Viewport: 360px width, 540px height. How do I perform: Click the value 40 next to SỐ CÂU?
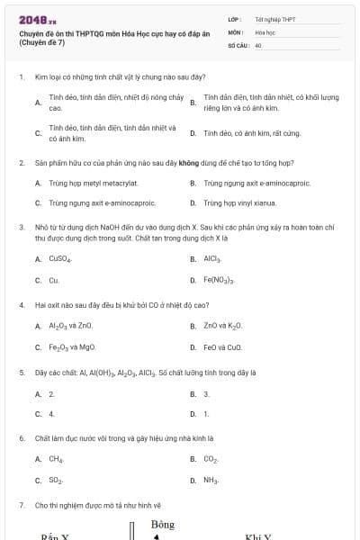pyautogui.click(x=258, y=44)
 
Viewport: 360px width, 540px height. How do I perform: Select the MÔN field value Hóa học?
pyautogui.click(x=264, y=31)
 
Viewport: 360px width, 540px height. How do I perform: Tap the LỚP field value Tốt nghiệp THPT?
pyautogui.click(x=274, y=19)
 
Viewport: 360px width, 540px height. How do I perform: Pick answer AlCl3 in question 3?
pyautogui.click(x=212, y=258)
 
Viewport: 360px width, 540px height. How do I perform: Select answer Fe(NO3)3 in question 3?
pyautogui.click(x=219, y=281)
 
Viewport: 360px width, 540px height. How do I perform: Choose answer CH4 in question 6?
pyautogui.click(x=56, y=459)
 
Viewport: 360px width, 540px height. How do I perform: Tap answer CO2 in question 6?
pyautogui.click(x=211, y=459)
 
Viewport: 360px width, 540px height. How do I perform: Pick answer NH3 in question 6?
pyautogui.click(x=211, y=481)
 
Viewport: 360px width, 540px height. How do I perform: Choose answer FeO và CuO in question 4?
pyautogui.click(x=223, y=347)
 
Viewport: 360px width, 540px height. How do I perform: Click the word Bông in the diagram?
pyautogui.click(x=163, y=524)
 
